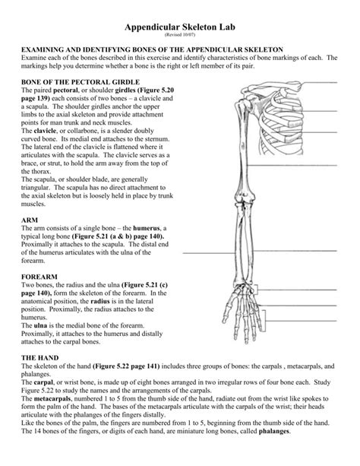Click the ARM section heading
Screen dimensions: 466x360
coord(30,218)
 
